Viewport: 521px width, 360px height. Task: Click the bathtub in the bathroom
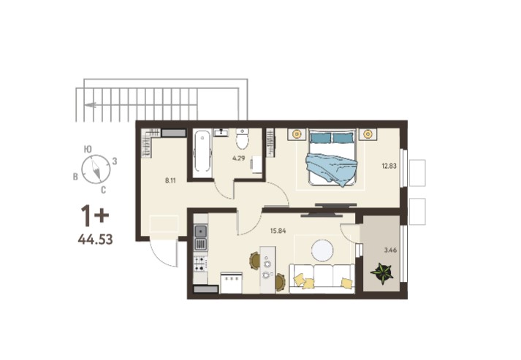click(x=202, y=154)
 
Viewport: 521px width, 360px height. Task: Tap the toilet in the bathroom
click(x=242, y=139)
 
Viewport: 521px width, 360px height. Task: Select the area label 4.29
click(x=238, y=158)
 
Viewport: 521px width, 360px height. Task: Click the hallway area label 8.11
click(x=170, y=180)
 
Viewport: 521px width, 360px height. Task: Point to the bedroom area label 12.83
click(x=389, y=166)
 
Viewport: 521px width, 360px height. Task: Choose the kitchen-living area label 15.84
click(x=278, y=231)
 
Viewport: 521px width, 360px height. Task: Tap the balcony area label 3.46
click(x=390, y=250)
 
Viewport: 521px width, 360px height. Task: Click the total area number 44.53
click(x=96, y=239)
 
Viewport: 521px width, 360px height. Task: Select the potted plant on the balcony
click(x=382, y=273)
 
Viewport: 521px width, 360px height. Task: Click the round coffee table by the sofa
click(x=322, y=250)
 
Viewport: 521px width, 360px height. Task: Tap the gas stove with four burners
click(x=201, y=264)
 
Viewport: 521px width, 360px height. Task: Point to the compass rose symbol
click(x=96, y=169)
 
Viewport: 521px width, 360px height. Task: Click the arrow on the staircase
click(x=91, y=105)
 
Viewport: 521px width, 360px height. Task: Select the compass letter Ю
click(x=88, y=149)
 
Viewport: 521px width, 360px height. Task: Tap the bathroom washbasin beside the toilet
click(x=221, y=132)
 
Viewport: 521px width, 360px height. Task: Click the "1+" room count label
click(x=95, y=216)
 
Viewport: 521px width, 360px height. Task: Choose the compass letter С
click(x=103, y=191)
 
